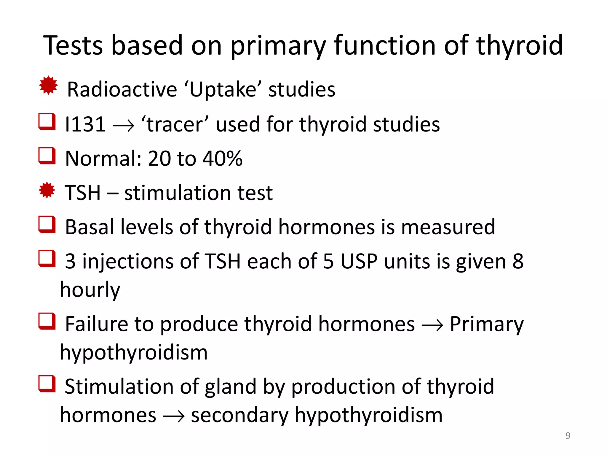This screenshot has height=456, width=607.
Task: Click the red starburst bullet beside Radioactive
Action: coord(48,86)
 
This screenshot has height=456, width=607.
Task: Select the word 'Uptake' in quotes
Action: coord(222,89)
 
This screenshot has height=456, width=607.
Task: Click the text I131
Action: coord(85,124)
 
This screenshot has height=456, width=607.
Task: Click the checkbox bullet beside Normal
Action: coord(47,156)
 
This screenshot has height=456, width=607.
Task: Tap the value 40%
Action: coord(222,159)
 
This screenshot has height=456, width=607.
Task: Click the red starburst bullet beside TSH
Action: coord(47,190)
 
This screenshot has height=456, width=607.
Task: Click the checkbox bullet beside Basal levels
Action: coord(47,224)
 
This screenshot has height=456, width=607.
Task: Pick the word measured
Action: coord(448,227)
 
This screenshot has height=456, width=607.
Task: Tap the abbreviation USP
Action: coord(359,262)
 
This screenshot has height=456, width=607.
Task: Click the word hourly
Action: coord(90,290)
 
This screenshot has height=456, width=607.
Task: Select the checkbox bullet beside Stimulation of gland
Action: coord(47,384)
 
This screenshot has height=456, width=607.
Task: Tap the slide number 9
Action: coord(568,436)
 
